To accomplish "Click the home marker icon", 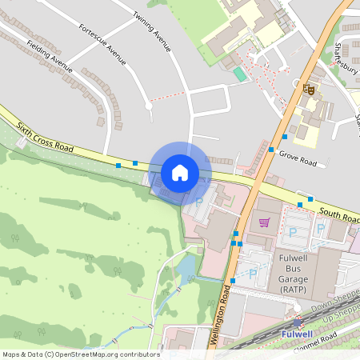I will click(x=180, y=172).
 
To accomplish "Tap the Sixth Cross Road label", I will click(x=45, y=138).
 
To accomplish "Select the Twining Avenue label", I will click(x=153, y=32).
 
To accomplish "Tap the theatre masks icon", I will click(x=309, y=90).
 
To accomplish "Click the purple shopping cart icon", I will click(x=264, y=222).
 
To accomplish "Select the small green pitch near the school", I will click(x=240, y=74).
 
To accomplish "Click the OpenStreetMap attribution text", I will click(x=80, y=354).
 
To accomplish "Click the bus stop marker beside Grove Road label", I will click(x=272, y=150).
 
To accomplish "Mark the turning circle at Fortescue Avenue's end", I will click(x=149, y=105).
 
